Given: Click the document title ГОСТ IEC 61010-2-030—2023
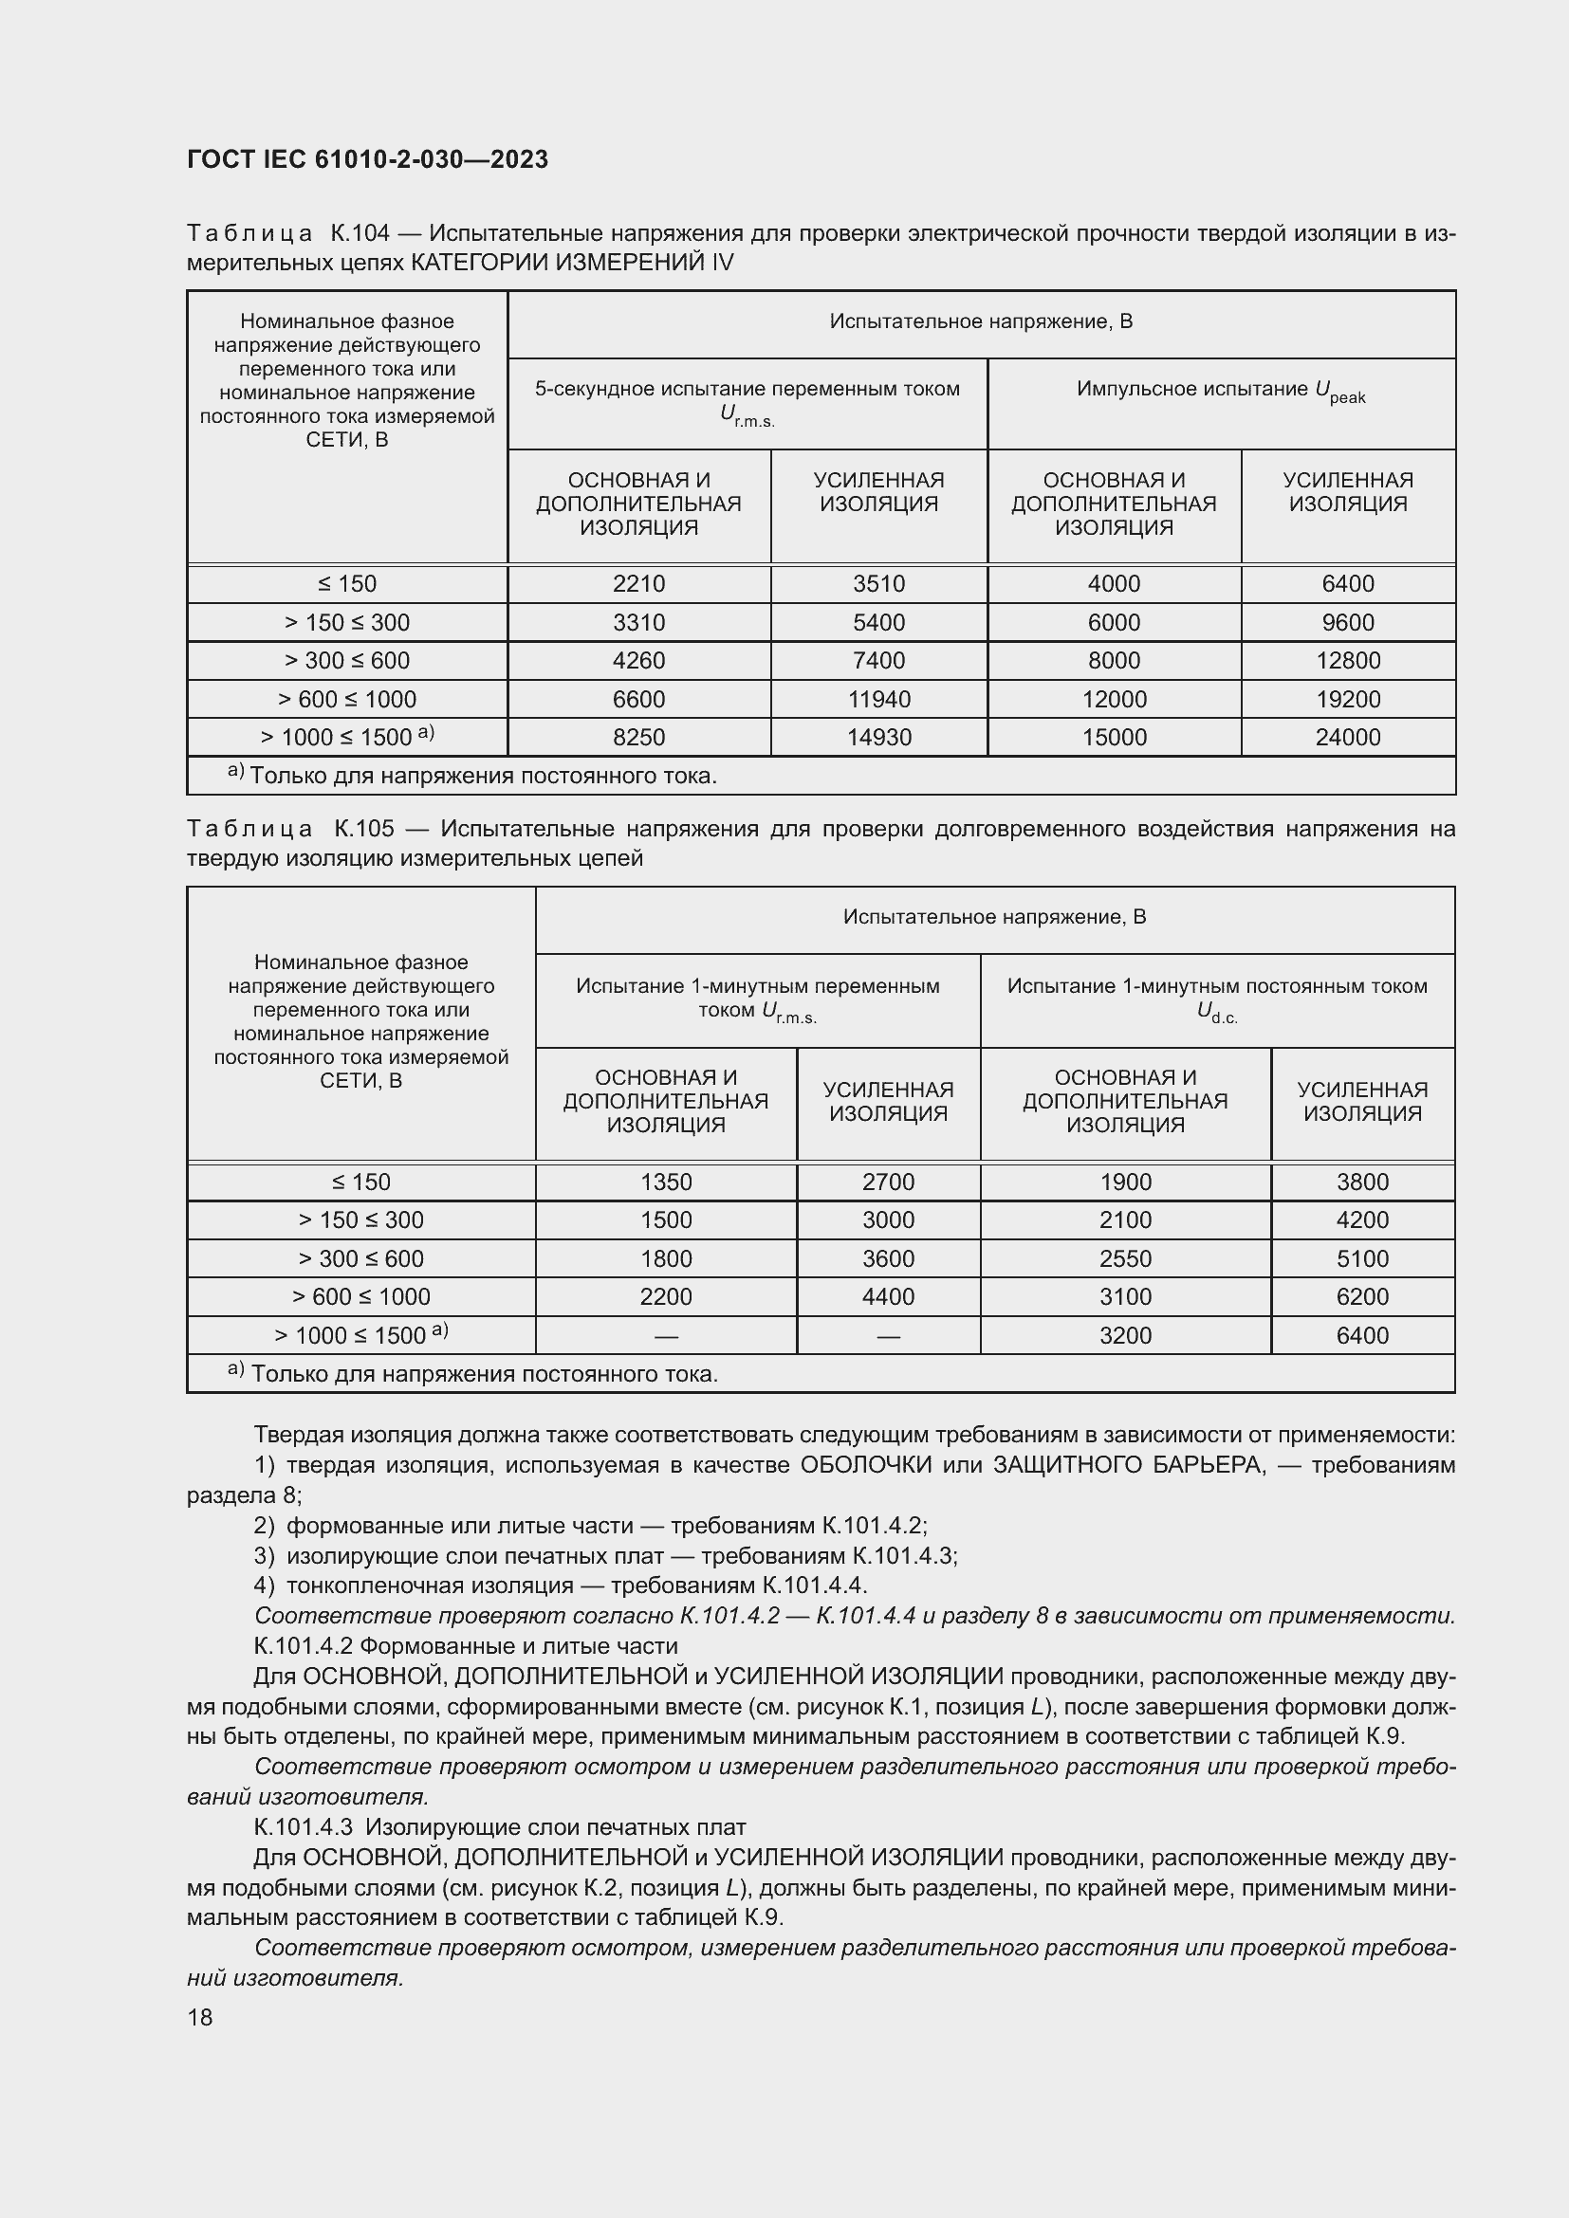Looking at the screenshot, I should [x=367, y=159].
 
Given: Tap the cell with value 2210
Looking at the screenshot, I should [x=638, y=583].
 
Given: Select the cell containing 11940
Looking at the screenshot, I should [x=878, y=699].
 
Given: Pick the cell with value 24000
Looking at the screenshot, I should [x=1348, y=737].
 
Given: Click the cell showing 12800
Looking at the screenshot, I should [x=1348, y=661].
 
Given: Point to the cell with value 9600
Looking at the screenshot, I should [x=1348, y=622].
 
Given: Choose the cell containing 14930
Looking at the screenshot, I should [x=878, y=737].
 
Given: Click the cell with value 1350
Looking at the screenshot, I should [x=666, y=1182].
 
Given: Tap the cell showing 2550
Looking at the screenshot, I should [x=1125, y=1258].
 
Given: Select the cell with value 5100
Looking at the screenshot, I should [x=1362, y=1258].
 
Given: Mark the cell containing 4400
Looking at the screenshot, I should [x=888, y=1296].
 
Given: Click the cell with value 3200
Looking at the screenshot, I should [x=1125, y=1335].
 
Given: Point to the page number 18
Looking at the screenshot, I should [x=200, y=2017].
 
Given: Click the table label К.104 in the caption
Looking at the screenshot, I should [x=360, y=233].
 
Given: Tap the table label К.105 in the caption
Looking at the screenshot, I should [x=364, y=829].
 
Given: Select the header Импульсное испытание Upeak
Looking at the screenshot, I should [x=1220, y=391].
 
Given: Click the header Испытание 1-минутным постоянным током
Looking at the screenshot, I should [x=1216, y=986].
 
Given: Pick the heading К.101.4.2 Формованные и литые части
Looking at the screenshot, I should [x=466, y=1646].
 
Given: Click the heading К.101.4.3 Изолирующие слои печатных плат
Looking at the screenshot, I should [x=500, y=1826].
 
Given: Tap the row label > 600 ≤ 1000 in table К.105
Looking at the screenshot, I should [x=360, y=1296].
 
